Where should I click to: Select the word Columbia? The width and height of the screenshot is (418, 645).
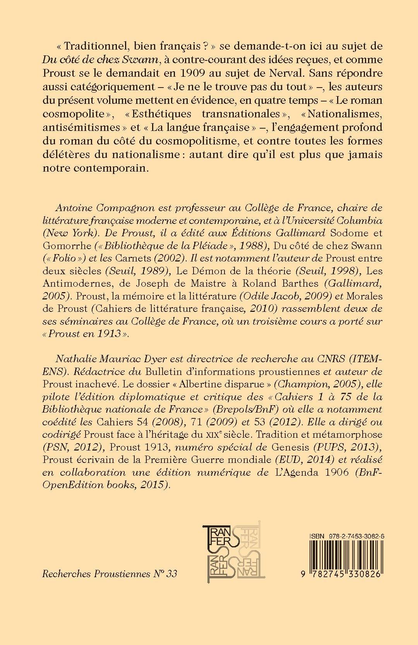point(356,221)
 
